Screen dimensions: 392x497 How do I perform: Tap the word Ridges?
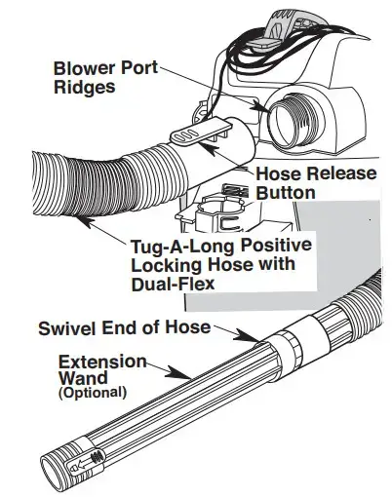84,87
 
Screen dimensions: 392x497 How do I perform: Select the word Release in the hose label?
340,173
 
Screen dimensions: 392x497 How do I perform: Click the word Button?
286,193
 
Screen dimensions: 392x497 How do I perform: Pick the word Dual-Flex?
173,284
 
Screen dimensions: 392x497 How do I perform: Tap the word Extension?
102,362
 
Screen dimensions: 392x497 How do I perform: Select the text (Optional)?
93,393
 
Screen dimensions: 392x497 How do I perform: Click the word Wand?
83,377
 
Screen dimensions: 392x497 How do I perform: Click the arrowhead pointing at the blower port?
261,107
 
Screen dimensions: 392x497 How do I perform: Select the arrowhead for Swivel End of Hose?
247,335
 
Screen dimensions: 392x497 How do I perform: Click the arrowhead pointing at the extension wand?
178,373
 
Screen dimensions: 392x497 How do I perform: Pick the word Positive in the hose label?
272,245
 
